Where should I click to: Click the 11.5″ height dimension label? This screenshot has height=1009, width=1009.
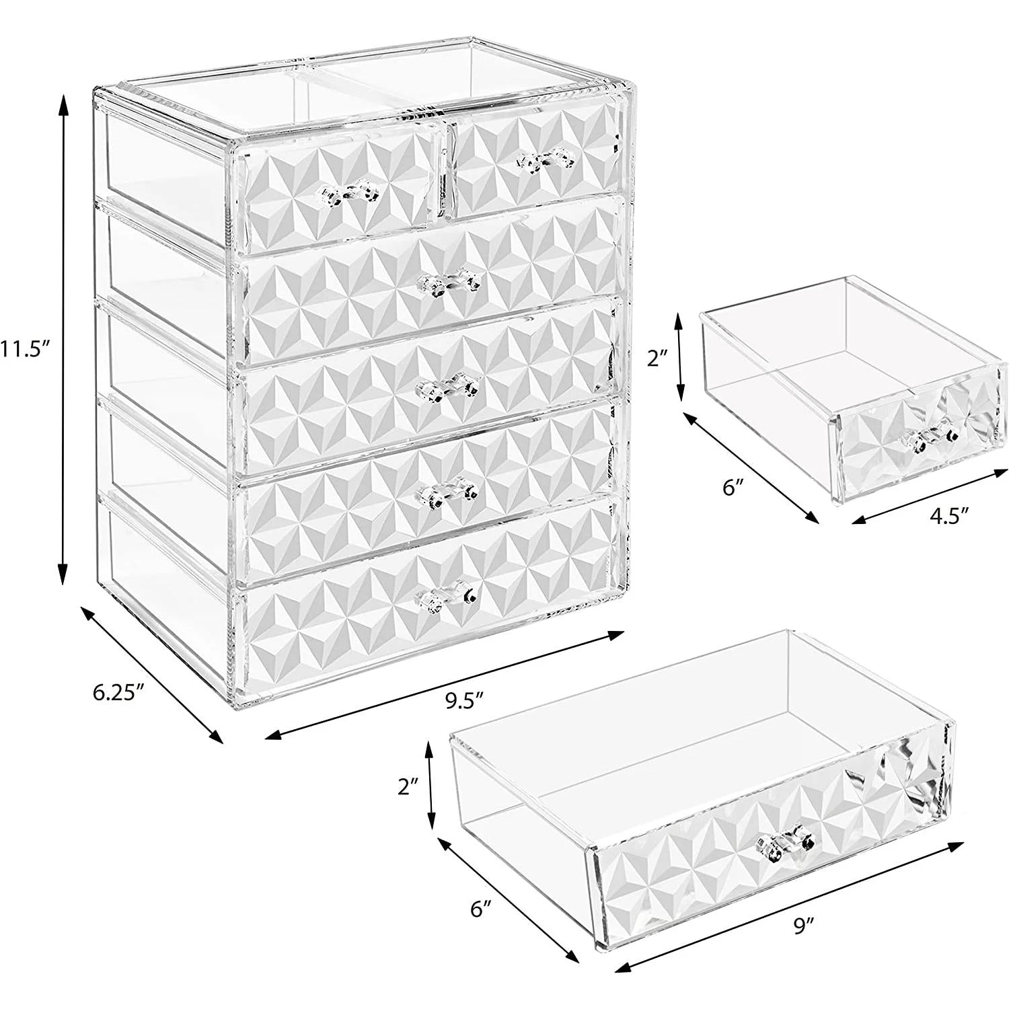coord(25,349)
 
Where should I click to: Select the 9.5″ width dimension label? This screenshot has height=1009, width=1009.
coord(465,700)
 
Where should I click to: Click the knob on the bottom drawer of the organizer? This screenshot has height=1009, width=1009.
coord(447,595)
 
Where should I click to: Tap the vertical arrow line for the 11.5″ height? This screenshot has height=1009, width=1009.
coord(64,339)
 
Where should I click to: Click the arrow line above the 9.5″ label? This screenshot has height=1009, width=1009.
coord(445,685)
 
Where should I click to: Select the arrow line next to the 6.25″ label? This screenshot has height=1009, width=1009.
coord(152,673)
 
